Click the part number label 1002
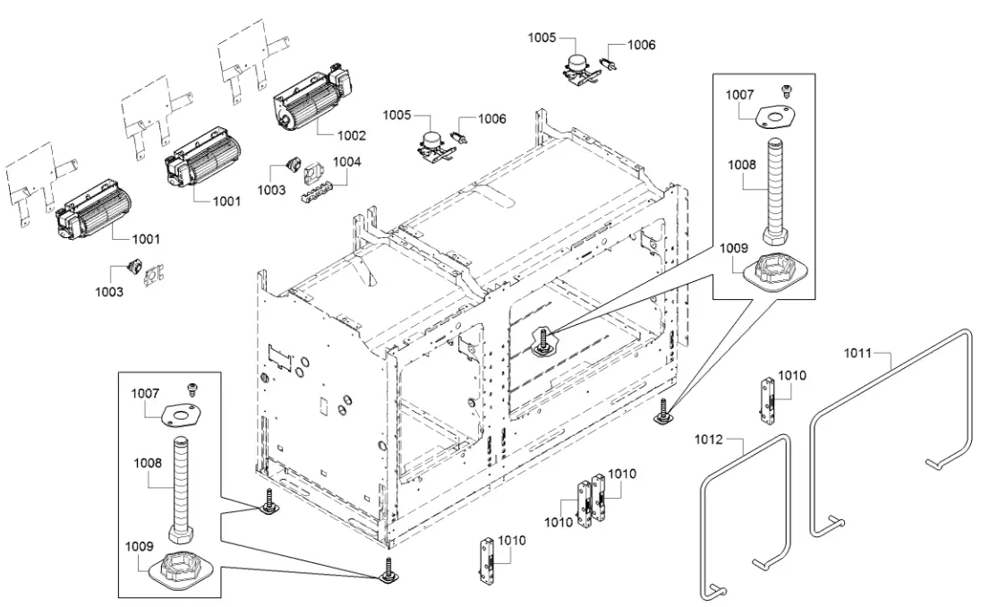pyautogui.click(x=352, y=135)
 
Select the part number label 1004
pyautogui.click(x=347, y=162)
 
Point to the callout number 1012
pyautogui.click(x=708, y=440)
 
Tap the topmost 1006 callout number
pyautogui.click(x=641, y=44)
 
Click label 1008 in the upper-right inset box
pyautogui.click(x=740, y=165)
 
